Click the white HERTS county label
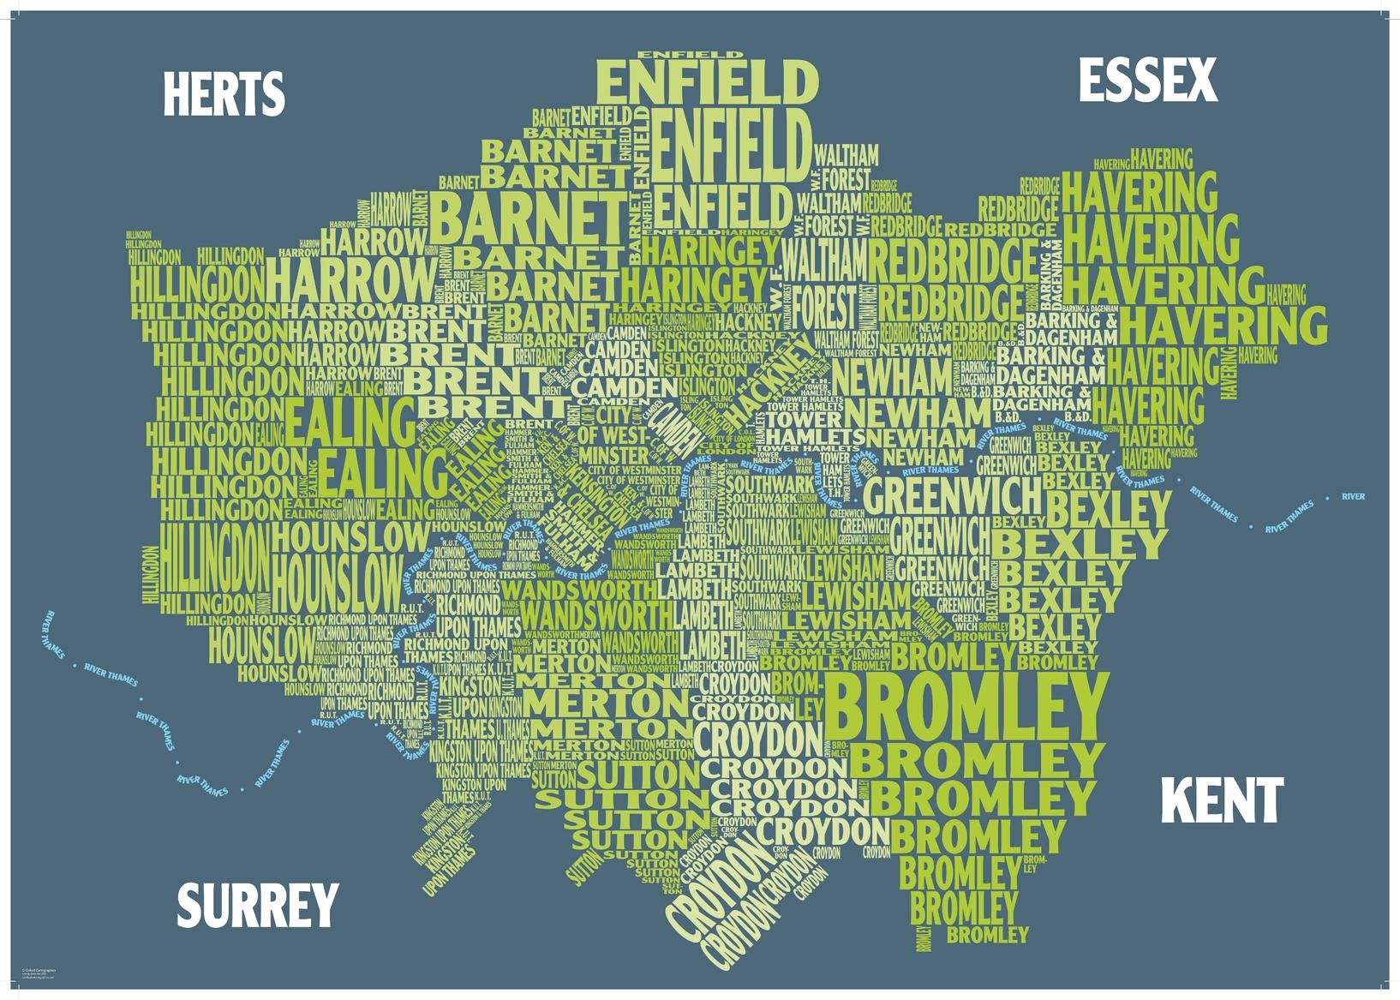(x=223, y=94)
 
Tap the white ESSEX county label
(x=1146, y=81)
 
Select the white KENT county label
(x=1222, y=801)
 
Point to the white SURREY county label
(x=257, y=906)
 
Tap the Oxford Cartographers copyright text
(x=39, y=974)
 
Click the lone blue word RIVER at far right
(x=1353, y=497)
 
